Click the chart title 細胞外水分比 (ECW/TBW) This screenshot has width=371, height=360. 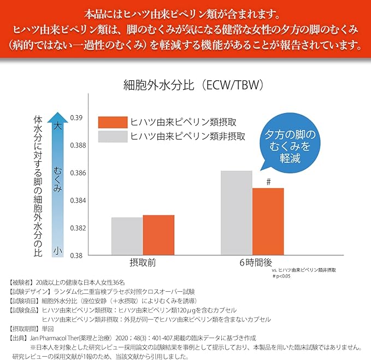(193, 85)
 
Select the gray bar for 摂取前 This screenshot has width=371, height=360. (127, 236)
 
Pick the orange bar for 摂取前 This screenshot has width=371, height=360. (158, 235)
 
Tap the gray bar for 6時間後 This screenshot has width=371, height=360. (237, 213)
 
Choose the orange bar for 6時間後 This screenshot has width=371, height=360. (268, 222)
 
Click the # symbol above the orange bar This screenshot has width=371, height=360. (268, 182)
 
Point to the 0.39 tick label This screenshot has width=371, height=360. (76, 118)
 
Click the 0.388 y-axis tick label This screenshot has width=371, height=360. (78, 145)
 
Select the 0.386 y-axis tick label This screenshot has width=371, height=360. (78, 173)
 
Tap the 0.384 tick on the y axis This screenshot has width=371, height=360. (78, 200)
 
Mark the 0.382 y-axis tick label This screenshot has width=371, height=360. (78, 228)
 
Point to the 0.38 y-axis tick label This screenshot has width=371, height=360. (76, 256)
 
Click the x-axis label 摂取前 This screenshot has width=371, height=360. (143, 262)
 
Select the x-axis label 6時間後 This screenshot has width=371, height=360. (256, 262)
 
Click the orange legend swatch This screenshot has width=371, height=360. (113, 122)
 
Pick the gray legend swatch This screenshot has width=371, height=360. (113, 137)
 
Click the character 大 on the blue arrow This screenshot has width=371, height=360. (57, 126)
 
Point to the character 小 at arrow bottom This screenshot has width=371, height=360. (57, 251)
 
